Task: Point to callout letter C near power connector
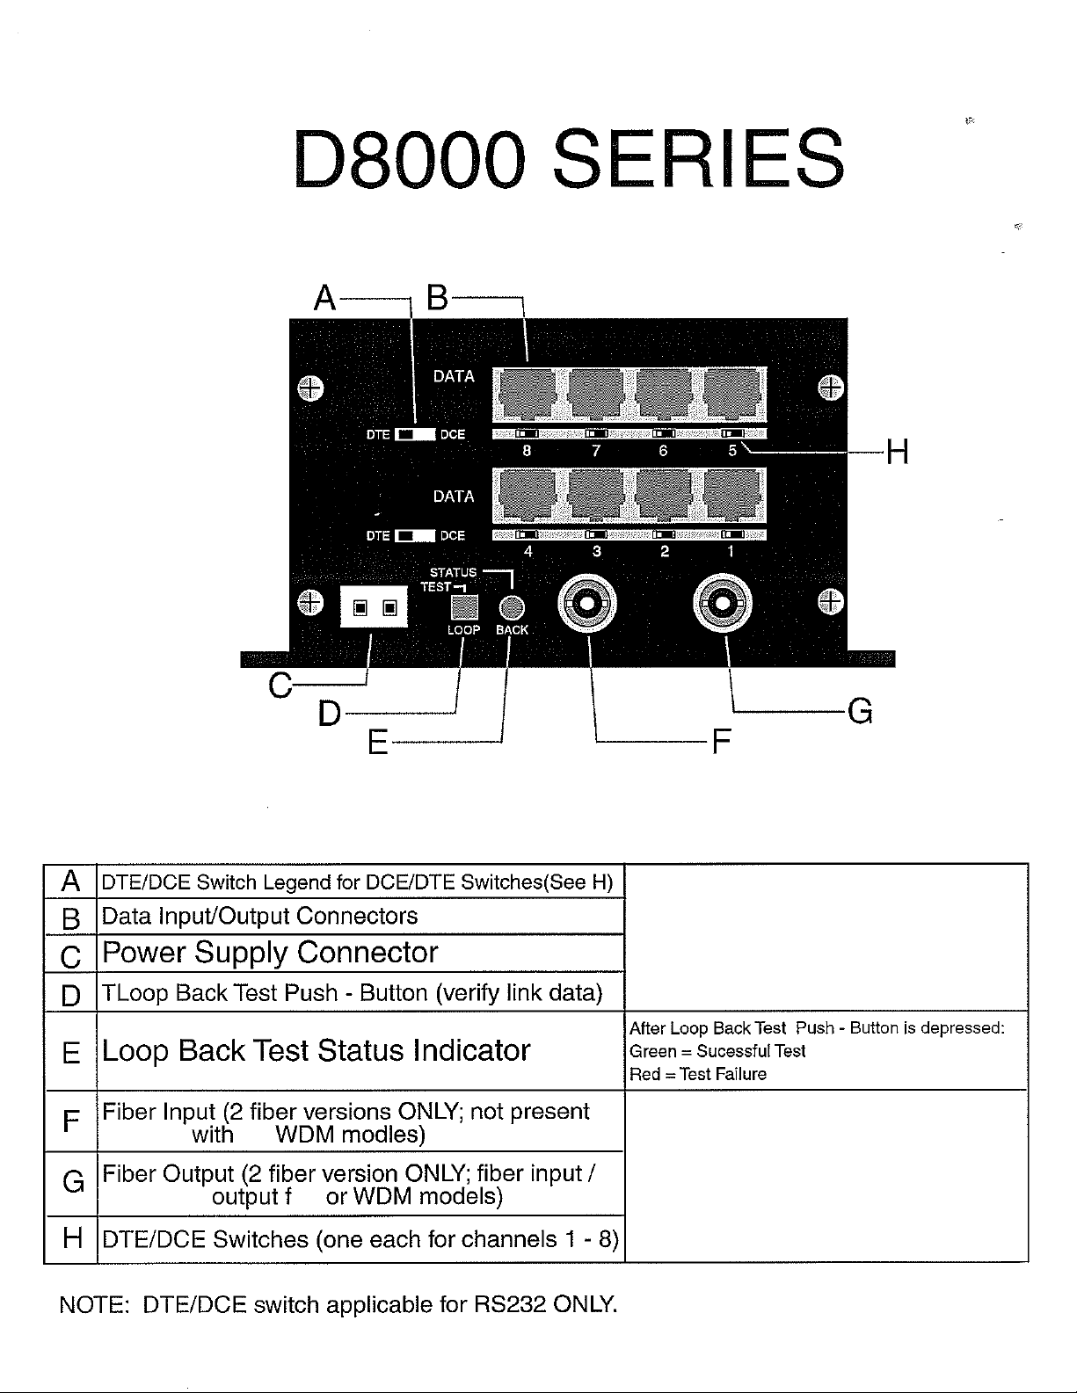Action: tap(280, 685)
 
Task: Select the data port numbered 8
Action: tap(526, 394)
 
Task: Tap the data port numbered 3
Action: tap(596, 495)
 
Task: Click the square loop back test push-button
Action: tap(464, 607)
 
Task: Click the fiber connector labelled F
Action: tap(587, 604)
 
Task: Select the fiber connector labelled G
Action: tap(724, 604)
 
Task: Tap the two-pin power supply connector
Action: tap(375, 607)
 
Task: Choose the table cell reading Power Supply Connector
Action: tap(270, 953)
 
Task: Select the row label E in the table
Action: tap(70, 1053)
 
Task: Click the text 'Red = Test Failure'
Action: tap(698, 1074)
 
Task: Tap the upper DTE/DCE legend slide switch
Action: tap(415, 434)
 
